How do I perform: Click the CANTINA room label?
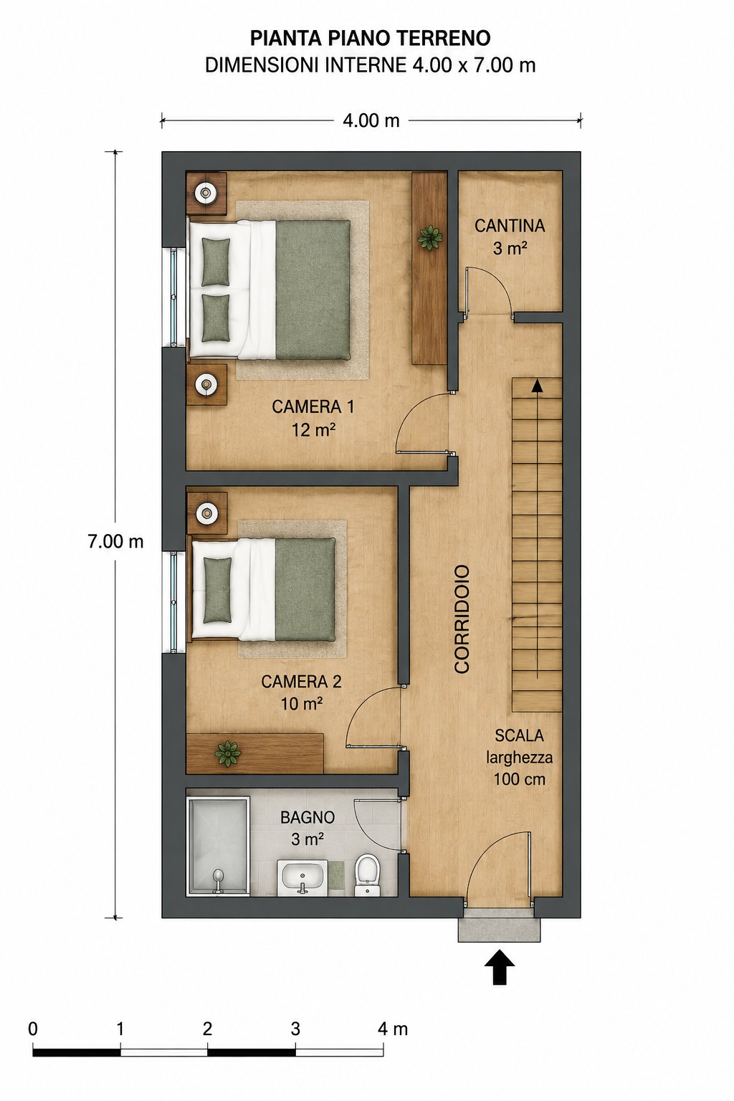tap(510, 226)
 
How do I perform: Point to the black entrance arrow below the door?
tap(500, 967)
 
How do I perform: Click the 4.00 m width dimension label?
tap(371, 120)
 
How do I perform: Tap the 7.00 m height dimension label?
tap(115, 541)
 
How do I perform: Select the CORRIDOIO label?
tap(462, 619)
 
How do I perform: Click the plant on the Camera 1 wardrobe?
tap(429, 238)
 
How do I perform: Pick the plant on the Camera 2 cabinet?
tap(228, 753)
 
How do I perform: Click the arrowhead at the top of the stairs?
tap(538, 385)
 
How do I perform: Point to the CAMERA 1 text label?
tap(313, 406)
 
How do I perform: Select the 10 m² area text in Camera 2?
tap(302, 704)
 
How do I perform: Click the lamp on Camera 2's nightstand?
tap(206, 513)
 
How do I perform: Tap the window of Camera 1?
tap(173, 296)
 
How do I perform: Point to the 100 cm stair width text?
tap(520, 779)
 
